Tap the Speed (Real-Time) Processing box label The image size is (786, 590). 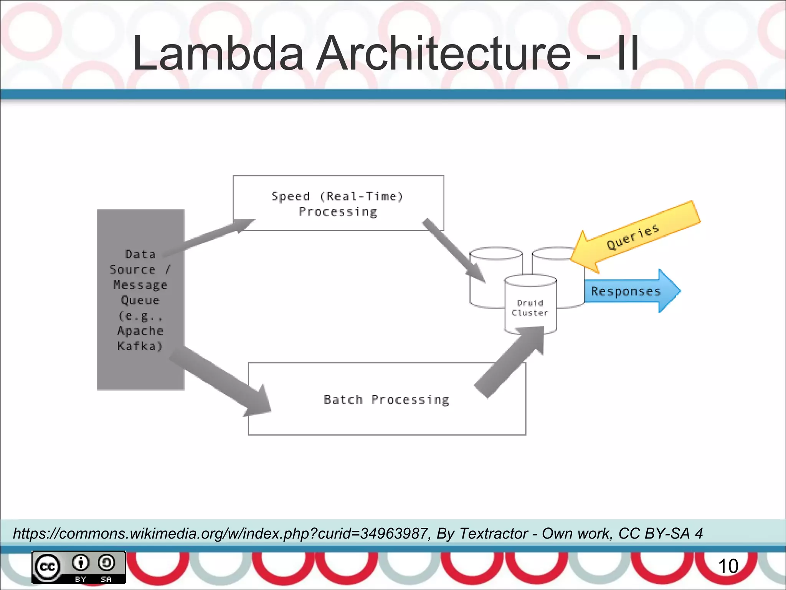click(338, 204)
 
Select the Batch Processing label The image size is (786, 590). click(386, 399)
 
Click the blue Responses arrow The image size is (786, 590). click(629, 291)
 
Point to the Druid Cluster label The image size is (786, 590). click(530, 308)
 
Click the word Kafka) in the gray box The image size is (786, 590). click(140, 346)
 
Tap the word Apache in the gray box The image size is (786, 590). click(140, 331)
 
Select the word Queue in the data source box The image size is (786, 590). click(140, 300)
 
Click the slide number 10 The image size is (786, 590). click(728, 566)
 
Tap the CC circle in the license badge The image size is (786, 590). click(48, 567)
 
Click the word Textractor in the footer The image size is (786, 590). click(494, 534)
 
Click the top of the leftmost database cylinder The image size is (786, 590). click(496, 254)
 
